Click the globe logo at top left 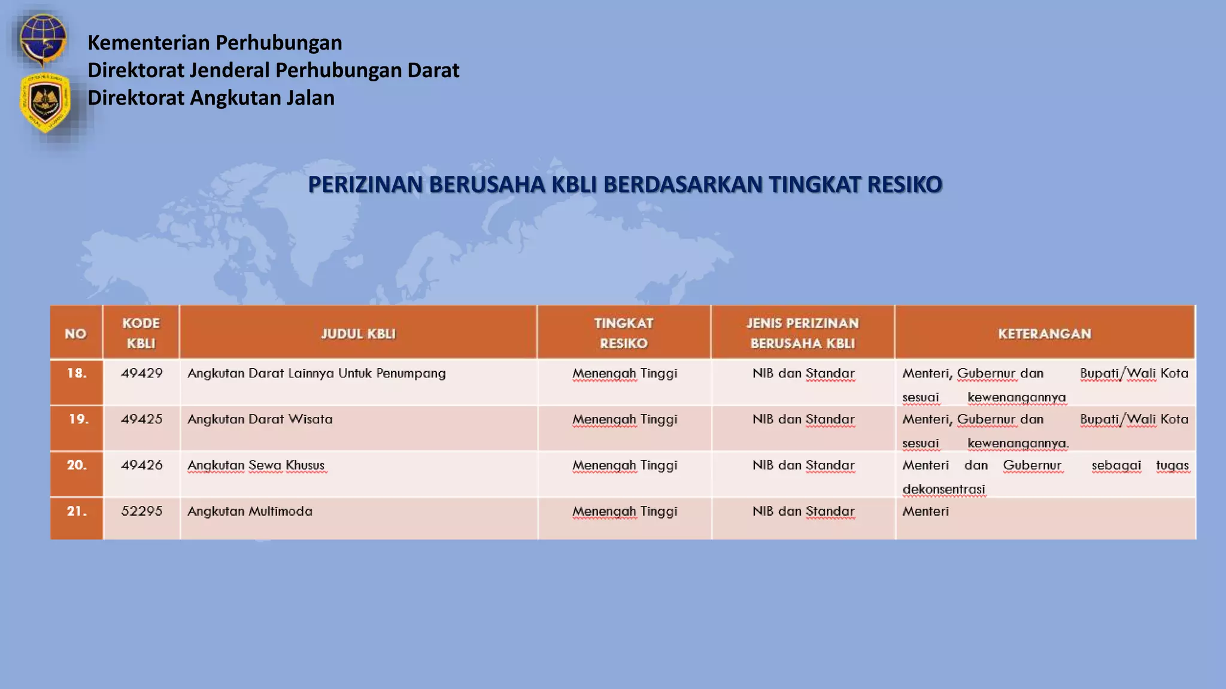pyautogui.click(x=42, y=39)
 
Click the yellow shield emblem pyautogui.click(x=45, y=102)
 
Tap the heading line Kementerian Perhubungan pyautogui.click(x=215, y=42)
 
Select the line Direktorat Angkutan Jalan pyautogui.click(x=211, y=97)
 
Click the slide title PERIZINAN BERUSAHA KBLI pyautogui.click(x=625, y=184)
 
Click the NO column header pyautogui.click(x=76, y=334)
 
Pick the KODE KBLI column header pyautogui.click(x=141, y=333)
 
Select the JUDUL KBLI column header pyautogui.click(x=358, y=334)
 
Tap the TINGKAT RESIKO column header pyautogui.click(x=624, y=333)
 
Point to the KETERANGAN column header pyautogui.click(x=1045, y=334)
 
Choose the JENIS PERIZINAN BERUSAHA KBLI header pyautogui.click(x=803, y=333)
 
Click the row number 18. pyautogui.click(x=77, y=373)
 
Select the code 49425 pyautogui.click(x=142, y=419)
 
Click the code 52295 pyautogui.click(x=142, y=511)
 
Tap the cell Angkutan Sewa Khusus pyautogui.click(x=256, y=465)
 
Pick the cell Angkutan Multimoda pyautogui.click(x=250, y=511)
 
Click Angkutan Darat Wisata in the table pyautogui.click(x=260, y=419)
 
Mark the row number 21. pyautogui.click(x=77, y=511)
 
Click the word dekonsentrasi pyautogui.click(x=943, y=489)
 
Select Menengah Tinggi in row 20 pyautogui.click(x=624, y=465)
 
